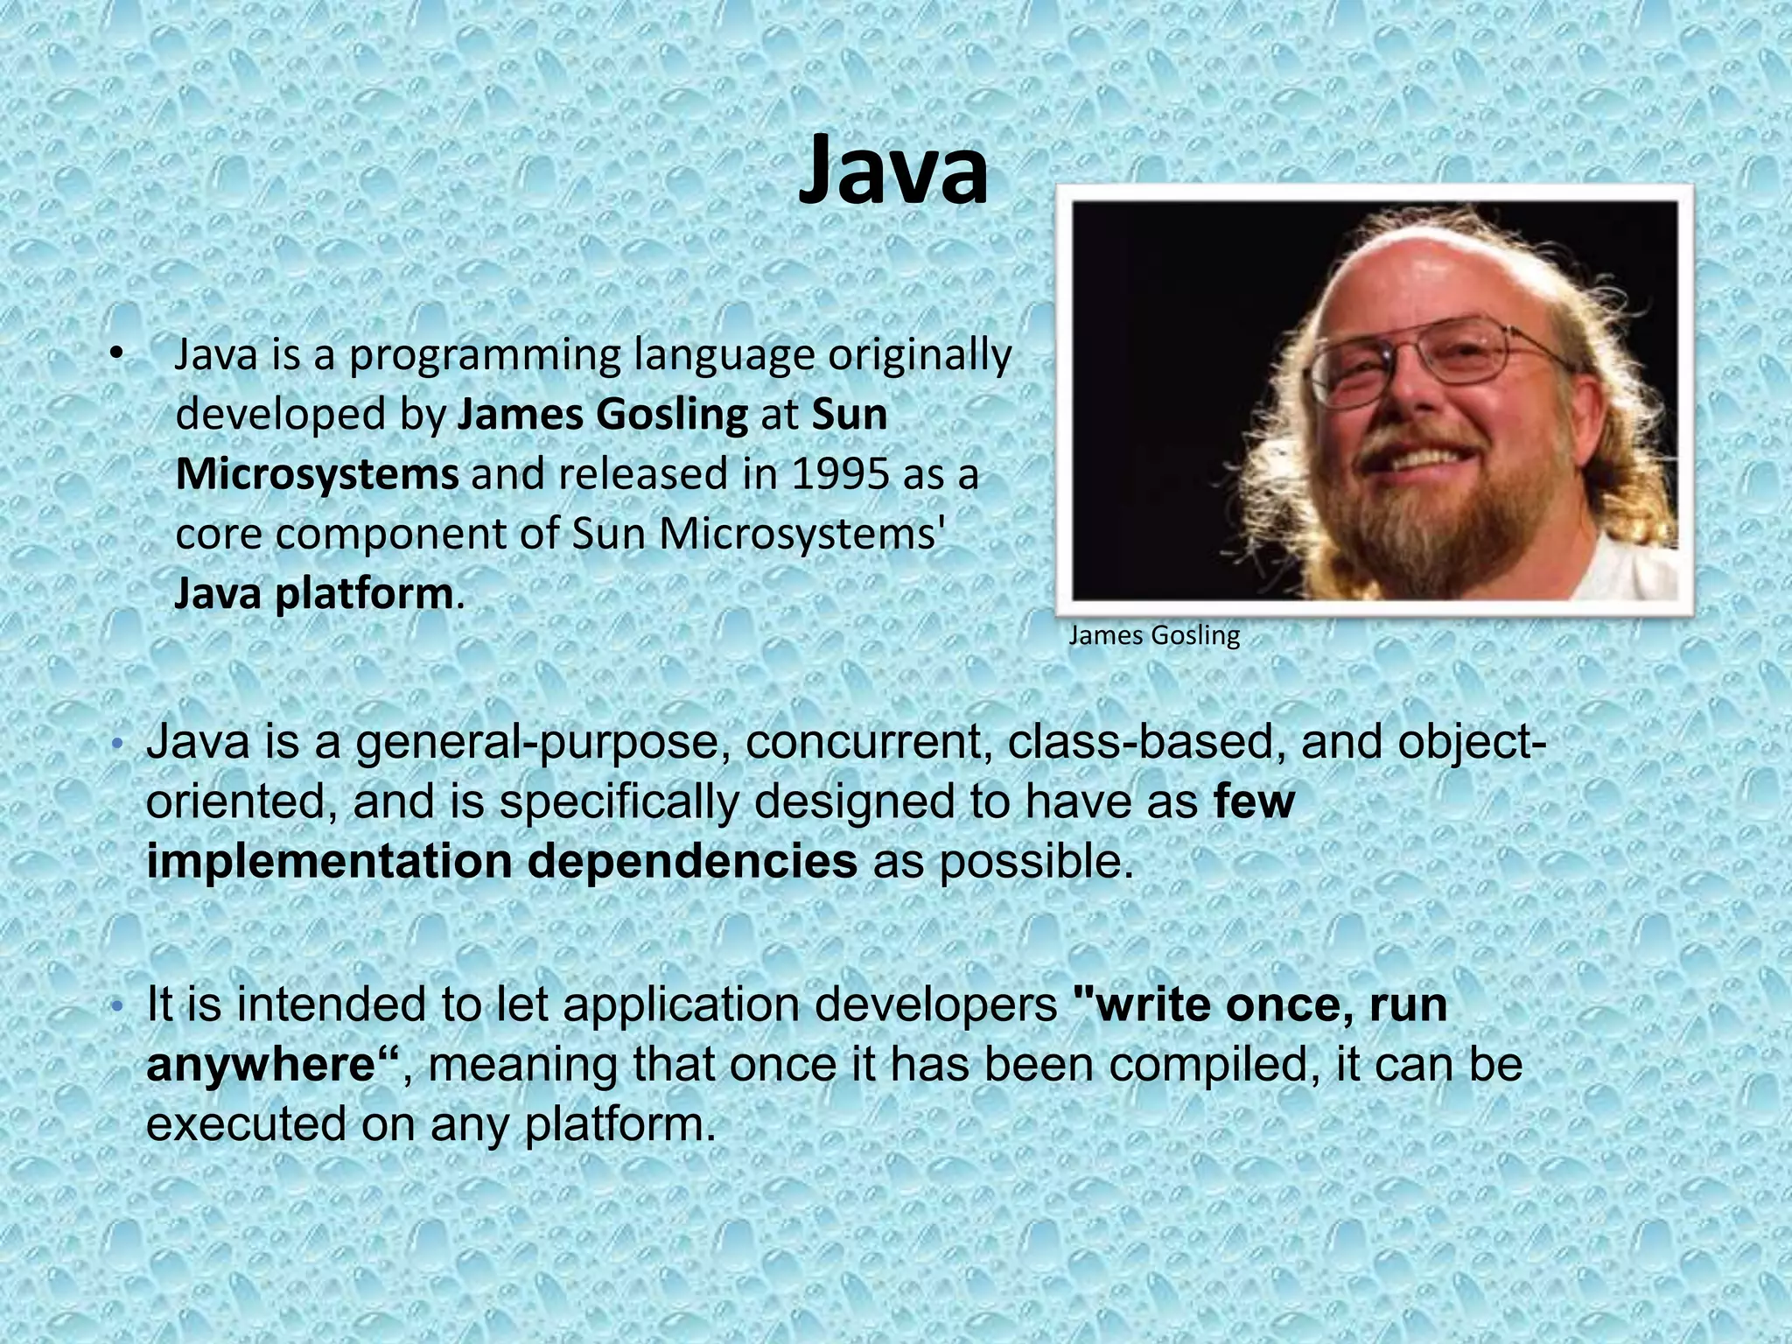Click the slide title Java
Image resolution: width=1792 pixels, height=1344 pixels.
point(893,172)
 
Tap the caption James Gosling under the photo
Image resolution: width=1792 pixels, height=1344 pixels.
point(1153,635)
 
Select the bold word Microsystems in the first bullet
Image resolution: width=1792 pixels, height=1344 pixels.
point(317,474)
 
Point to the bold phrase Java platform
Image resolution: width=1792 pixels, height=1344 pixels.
point(313,594)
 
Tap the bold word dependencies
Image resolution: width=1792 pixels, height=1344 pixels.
point(692,861)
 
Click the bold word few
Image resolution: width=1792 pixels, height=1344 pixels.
point(1253,801)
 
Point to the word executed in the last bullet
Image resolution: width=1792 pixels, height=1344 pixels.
point(245,1123)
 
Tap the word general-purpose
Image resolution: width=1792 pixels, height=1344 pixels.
point(542,743)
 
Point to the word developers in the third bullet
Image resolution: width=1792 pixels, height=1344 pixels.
point(935,1004)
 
